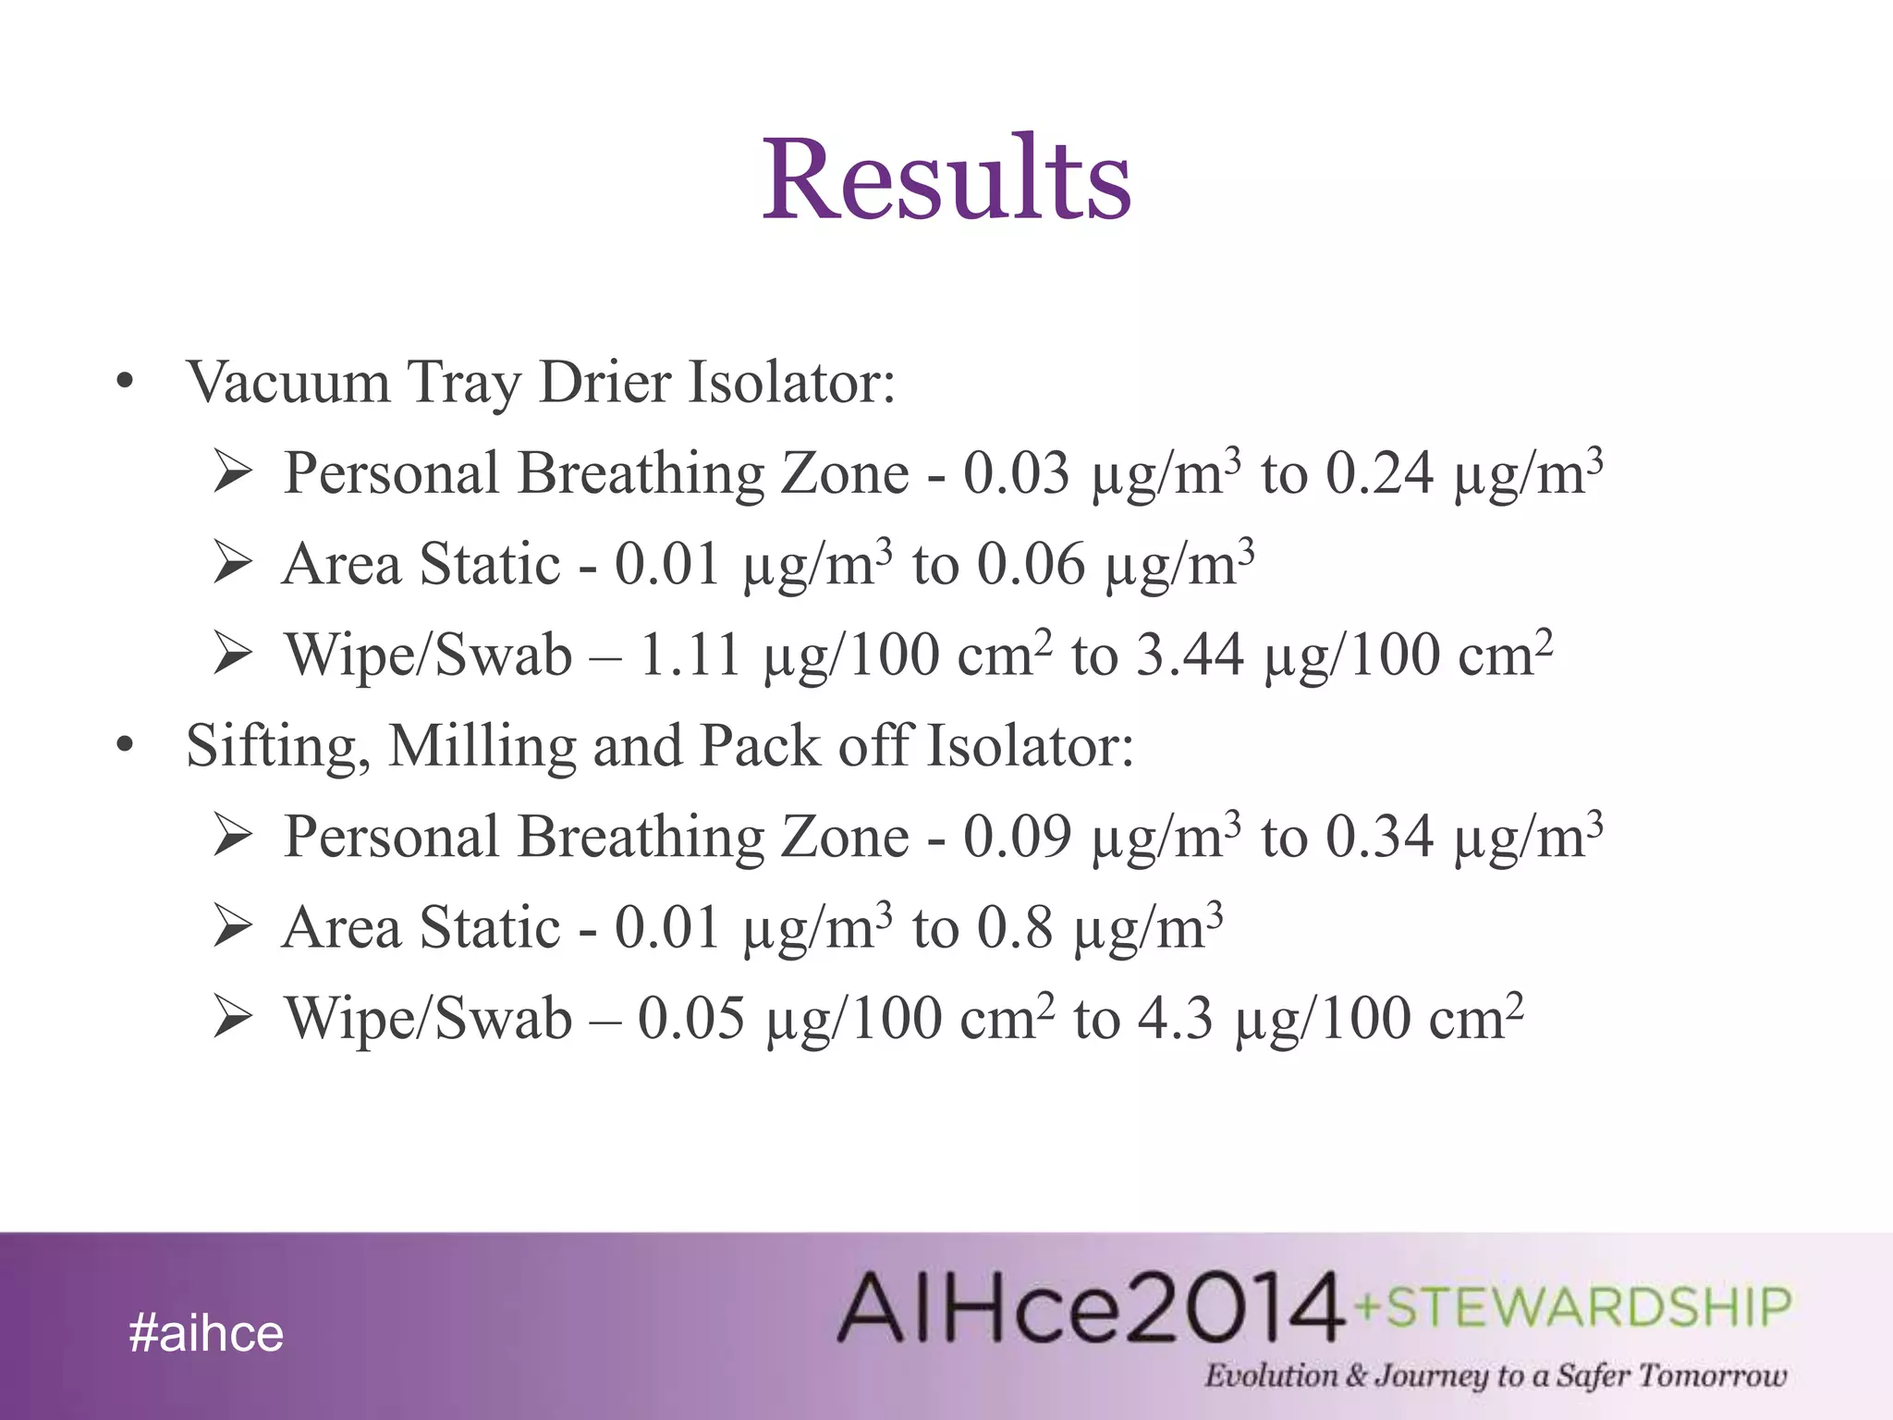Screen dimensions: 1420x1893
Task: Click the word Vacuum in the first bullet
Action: tap(287, 382)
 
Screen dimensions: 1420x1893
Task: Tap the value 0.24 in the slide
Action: tap(1379, 474)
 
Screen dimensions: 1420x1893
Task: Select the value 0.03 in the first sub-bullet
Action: tap(1016, 474)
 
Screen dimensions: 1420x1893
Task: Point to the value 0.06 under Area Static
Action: tap(1031, 565)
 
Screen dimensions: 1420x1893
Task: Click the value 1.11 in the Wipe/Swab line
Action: tap(690, 655)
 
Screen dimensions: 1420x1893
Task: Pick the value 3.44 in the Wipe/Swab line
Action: tap(1189, 655)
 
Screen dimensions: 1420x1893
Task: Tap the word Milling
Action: tap(482, 746)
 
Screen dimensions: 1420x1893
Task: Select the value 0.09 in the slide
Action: tap(1016, 837)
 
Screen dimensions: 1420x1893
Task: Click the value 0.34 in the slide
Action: tap(1379, 837)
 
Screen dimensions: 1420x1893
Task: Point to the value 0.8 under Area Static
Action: tap(1015, 927)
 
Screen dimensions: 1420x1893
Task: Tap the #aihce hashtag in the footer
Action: tap(206, 1333)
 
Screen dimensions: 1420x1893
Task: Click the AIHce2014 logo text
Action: tap(1091, 1307)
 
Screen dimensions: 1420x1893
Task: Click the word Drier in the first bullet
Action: tap(605, 382)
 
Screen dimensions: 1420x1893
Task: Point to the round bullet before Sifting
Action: tap(126, 744)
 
